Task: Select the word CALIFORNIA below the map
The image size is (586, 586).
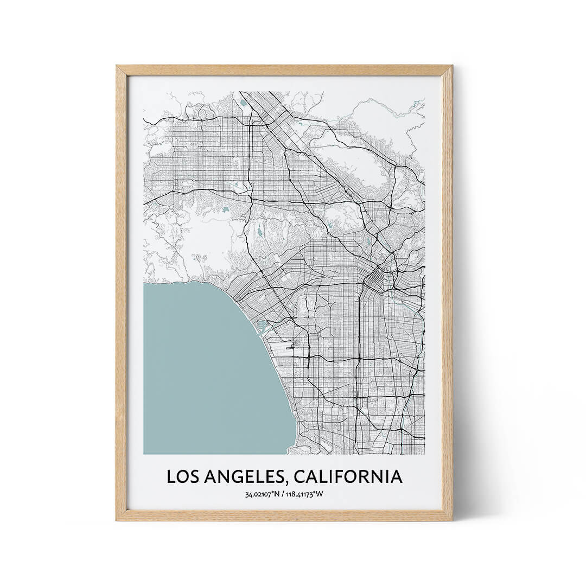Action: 349,476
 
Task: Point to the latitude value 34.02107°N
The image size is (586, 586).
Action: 263,494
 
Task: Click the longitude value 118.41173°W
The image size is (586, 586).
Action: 305,494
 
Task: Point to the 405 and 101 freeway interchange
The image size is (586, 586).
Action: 249,193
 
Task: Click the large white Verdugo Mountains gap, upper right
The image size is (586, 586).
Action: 353,163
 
